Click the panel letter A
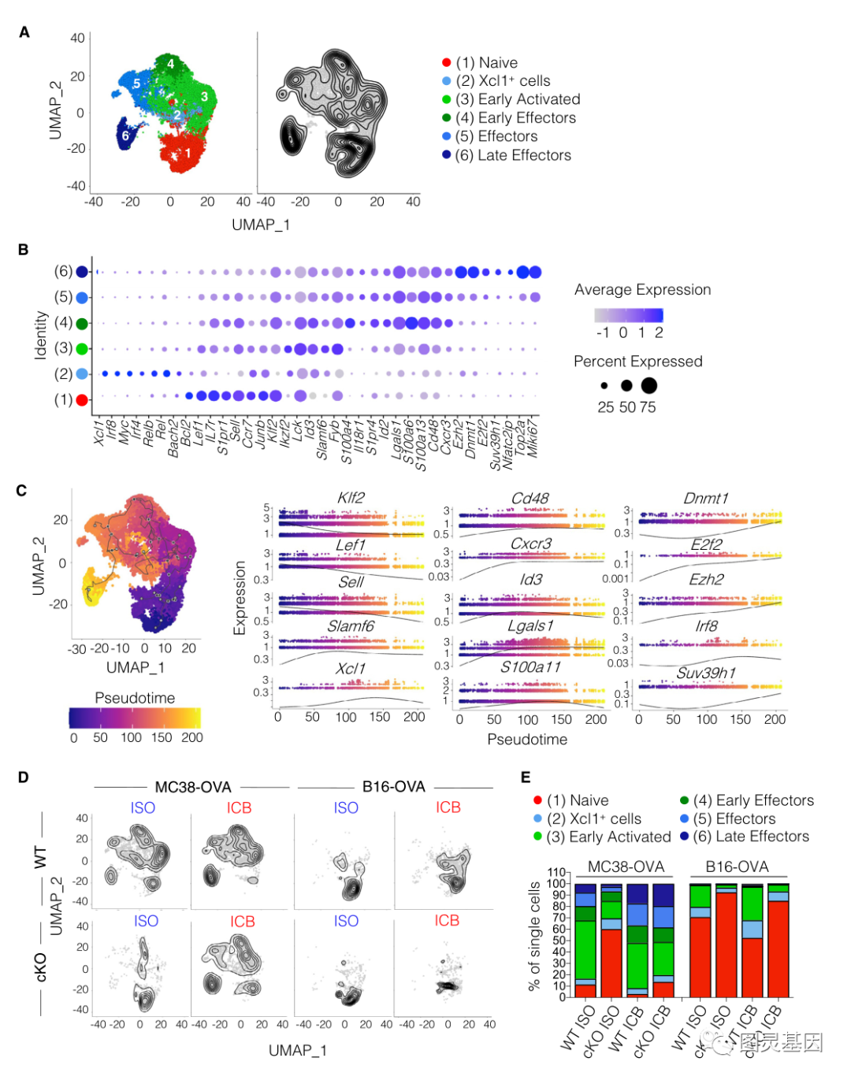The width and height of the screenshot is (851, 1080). tap(24, 32)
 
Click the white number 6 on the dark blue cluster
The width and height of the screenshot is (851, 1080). tap(125, 136)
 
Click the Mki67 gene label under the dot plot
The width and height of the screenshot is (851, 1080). tap(533, 437)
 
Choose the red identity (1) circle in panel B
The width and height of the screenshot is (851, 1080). tap(81, 399)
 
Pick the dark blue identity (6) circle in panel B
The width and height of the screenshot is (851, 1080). tap(82, 272)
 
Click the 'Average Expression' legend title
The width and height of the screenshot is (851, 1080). tap(642, 290)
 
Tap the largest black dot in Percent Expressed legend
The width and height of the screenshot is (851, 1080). tap(648, 385)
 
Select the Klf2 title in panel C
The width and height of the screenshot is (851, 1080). tap(351, 498)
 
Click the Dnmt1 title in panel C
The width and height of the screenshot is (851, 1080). tap(705, 498)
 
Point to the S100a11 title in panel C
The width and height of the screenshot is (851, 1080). tap(530, 667)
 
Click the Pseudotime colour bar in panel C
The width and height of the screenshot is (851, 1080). tap(135, 718)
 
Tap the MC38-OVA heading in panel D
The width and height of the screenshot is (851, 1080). tap(193, 787)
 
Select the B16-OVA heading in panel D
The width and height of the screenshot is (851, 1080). tap(393, 787)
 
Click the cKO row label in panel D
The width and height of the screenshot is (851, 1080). tap(41, 967)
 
